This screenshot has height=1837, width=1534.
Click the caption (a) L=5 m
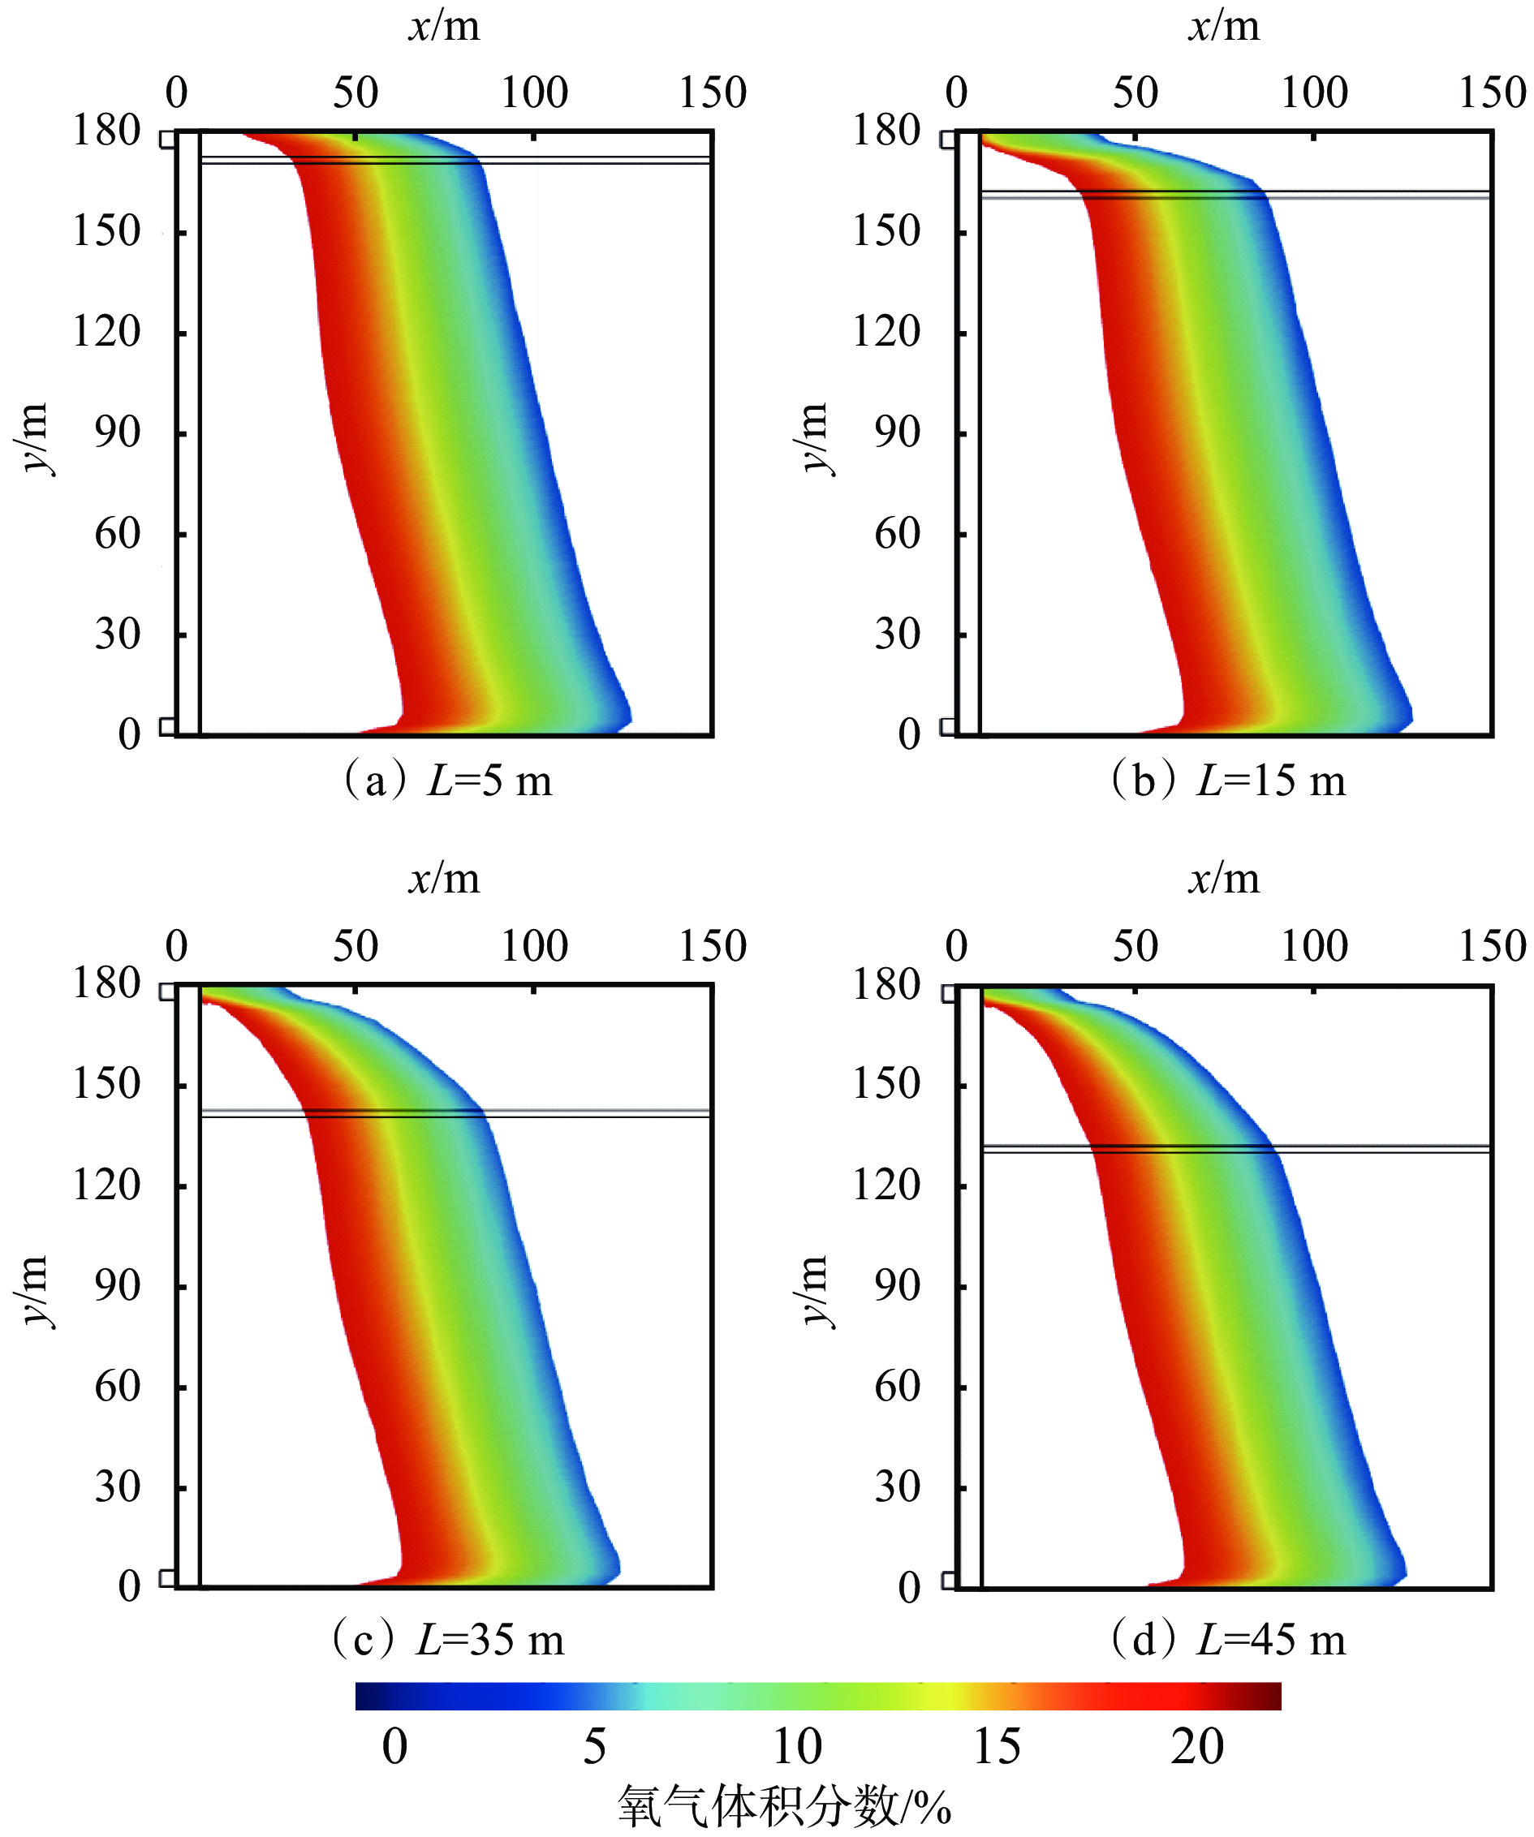(x=447, y=781)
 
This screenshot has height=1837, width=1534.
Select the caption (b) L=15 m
(x=1228, y=781)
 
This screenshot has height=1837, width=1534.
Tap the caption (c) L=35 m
(x=447, y=1639)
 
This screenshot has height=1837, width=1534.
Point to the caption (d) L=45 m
(x=1228, y=1639)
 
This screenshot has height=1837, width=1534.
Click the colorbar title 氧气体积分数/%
(x=784, y=1805)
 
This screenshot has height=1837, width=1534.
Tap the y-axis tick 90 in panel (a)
(x=117, y=433)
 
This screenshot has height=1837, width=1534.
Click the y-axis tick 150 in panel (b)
(x=885, y=232)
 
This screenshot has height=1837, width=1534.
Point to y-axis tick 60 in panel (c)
(x=117, y=1387)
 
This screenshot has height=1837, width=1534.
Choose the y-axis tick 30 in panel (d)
(x=897, y=1487)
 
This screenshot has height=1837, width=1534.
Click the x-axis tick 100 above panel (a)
(x=534, y=92)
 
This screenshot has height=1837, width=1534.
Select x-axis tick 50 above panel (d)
(x=1135, y=946)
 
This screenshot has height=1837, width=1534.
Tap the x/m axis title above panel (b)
(x=1224, y=26)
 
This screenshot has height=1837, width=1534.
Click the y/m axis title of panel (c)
(x=33, y=1290)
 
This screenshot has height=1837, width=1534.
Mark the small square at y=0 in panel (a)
(x=166, y=726)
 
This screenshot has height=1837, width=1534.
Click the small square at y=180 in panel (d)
(x=948, y=993)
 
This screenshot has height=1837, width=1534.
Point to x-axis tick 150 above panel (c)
(x=713, y=946)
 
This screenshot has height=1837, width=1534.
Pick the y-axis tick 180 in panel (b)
(x=885, y=131)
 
